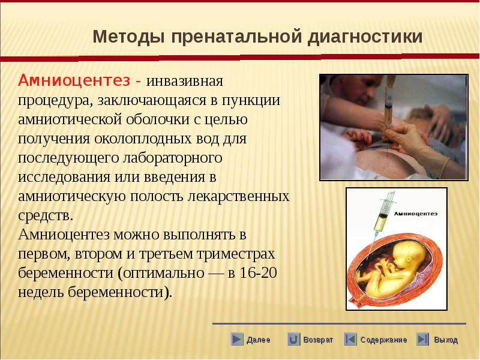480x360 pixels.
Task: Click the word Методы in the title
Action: coord(129,37)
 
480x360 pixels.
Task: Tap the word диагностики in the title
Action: coord(365,37)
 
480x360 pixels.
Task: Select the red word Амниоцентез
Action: coord(74,81)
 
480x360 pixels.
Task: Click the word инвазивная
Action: coord(185,82)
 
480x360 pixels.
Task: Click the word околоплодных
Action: coord(157,139)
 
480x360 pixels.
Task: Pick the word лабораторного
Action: coord(173,158)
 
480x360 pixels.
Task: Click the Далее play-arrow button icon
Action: coord(237,339)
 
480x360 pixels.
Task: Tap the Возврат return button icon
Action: coord(293,339)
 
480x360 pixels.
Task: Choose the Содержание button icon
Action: coord(350,339)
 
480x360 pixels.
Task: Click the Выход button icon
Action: coord(423,339)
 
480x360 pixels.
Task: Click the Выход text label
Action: coord(446,340)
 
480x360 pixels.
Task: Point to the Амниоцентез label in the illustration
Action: coord(415,214)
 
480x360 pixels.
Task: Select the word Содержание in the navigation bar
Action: coord(383,340)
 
